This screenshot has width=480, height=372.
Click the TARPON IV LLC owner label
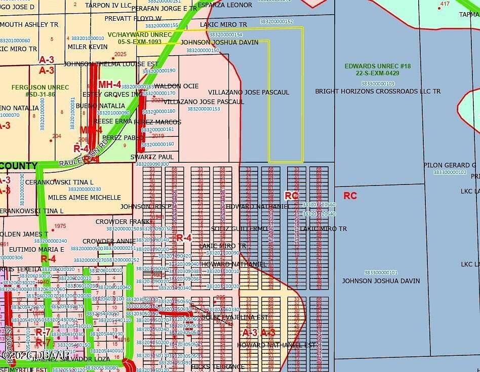coord(108,6)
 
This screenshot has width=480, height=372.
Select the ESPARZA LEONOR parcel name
coord(225,5)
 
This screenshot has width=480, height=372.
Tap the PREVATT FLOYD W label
coord(133,18)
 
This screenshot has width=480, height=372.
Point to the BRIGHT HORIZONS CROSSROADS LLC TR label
coord(378,91)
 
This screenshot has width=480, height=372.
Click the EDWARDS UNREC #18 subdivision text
coord(378,66)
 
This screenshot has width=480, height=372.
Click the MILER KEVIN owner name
coord(88,47)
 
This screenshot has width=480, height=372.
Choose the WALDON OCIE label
coord(176,86)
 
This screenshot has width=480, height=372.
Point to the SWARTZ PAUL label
coord(152,157)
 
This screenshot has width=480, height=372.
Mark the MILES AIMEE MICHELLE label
coord(85,197)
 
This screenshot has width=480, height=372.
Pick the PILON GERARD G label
coord(450,165)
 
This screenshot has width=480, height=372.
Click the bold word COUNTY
coord(19,166)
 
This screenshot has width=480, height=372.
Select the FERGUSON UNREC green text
coord(40,87)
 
